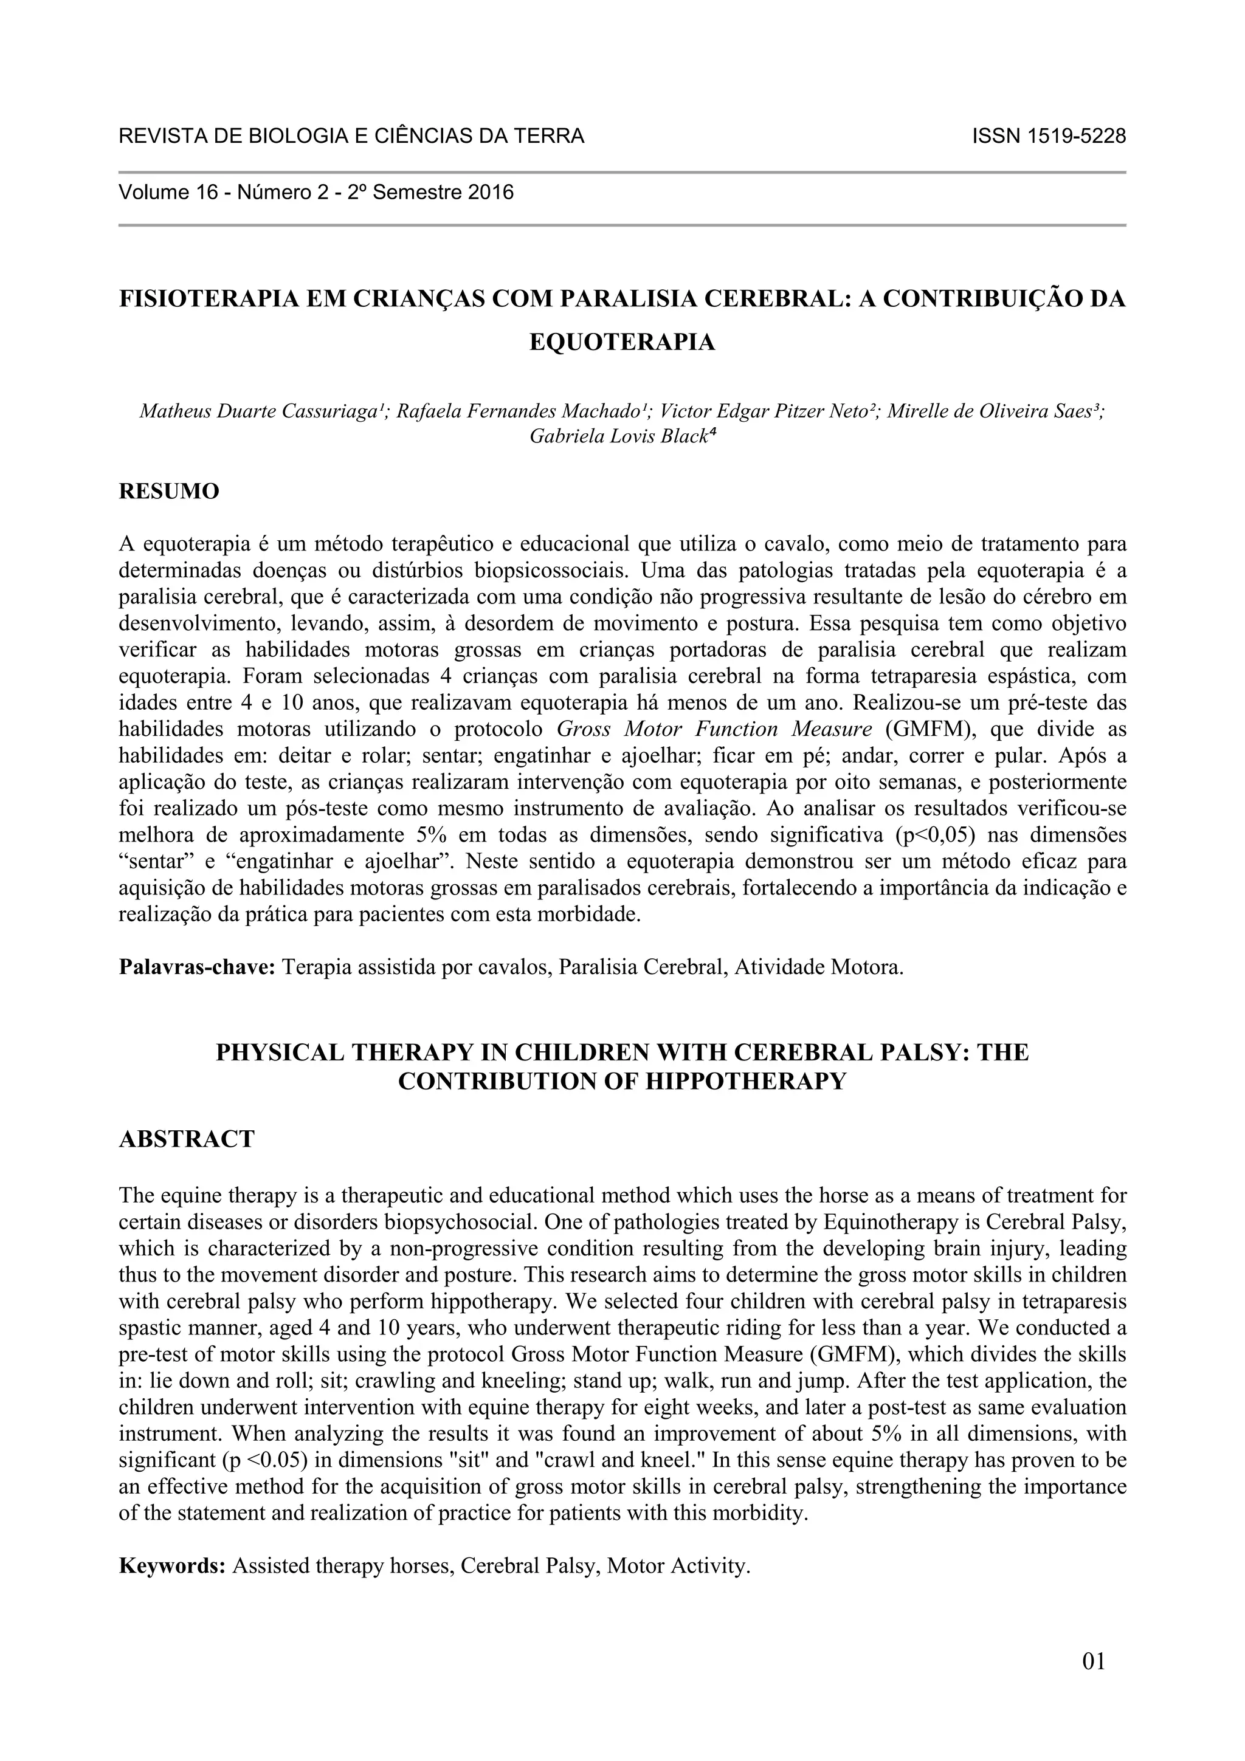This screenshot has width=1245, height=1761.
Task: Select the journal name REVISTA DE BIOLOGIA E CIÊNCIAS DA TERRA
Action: pyautogui.click(x=351, y=137)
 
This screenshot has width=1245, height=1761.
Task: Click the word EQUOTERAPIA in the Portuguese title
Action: pyautogui.click(x=622, y=342)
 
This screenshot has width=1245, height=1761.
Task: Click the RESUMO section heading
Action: pyautogui.click(x=169, y=491)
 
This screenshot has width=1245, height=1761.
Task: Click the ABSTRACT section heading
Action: pyautogui.click(x=187, y=1139)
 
